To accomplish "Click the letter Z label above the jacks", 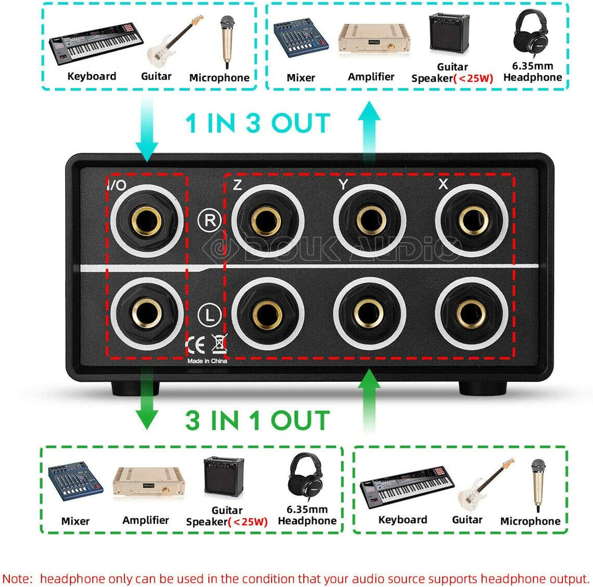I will point(237,185).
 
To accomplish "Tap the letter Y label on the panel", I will point(343,185).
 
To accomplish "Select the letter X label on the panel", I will point(443,185).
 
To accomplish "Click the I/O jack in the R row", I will point(147,221).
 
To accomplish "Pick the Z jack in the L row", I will point(267,313).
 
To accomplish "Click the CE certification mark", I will point(196,345).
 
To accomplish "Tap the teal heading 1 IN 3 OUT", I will point(258,123).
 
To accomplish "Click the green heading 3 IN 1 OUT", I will point(258,420).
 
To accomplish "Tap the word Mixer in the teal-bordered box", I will point(301,77).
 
